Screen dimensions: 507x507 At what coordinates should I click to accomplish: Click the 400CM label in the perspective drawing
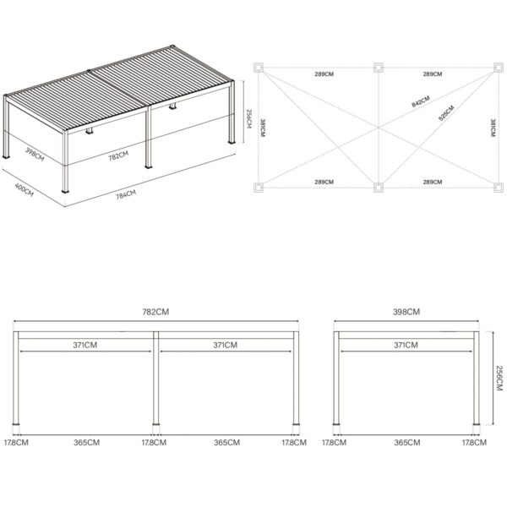click(25, 190)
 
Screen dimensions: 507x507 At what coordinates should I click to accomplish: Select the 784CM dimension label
click(126, 194)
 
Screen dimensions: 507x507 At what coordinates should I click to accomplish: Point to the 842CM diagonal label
click(421, 101)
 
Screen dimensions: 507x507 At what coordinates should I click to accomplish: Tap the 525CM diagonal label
click(446, 113)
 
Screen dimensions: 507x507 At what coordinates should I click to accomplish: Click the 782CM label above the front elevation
click(155, 312)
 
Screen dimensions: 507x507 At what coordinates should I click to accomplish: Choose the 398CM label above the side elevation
click(406, 312)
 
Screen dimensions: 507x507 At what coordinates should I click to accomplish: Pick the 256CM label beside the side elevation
click(499, 378)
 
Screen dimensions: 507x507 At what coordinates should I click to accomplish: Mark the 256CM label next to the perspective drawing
click(248, 118)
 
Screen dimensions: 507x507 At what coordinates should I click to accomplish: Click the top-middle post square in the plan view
click(379, 68)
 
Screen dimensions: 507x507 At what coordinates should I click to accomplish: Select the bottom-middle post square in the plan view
click(379, 188)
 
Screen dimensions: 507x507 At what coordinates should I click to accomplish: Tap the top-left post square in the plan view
click(259, 68)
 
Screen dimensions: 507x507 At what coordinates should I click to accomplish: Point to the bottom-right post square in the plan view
click(499, 188)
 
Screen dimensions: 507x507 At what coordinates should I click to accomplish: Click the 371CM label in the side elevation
click(406, 346)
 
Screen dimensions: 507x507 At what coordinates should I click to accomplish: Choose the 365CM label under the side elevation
click(407, 442)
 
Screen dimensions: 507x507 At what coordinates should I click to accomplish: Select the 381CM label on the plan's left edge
click(262, 128)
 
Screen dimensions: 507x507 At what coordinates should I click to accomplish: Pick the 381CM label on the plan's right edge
click(493, 128)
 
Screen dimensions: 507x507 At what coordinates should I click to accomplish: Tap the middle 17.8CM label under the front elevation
click(154, 442)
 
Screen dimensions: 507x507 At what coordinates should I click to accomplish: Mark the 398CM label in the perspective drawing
click(35, 155)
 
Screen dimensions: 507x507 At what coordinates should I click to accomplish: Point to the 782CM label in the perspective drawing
click(118, 155)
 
